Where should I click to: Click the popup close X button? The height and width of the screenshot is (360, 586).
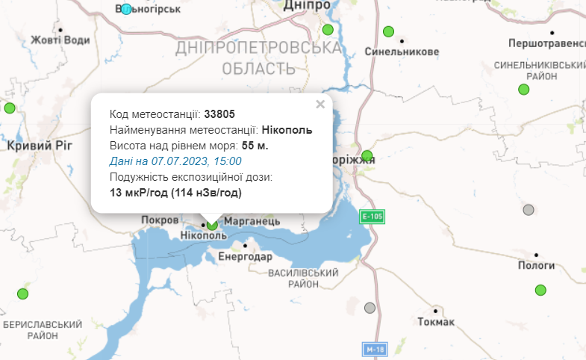click(x=320, y=105)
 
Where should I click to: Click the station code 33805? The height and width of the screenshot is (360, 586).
click(x=219, y=114)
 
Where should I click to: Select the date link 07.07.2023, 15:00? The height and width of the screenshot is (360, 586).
click(x=175, y=161)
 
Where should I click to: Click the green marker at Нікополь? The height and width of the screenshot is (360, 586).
click(x=212, y=224)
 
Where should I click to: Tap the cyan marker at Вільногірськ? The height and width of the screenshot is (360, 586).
click(x=126, y=9)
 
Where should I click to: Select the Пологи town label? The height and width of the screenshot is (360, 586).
click(x=535, y=265)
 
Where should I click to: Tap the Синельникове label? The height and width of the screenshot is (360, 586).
click(x=402, y=52)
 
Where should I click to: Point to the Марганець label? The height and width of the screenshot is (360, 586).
click(x=252, y=221)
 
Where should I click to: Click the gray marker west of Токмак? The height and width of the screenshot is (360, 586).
click(x=370, y=308)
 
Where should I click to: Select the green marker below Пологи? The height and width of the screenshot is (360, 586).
click(x=540, y=290)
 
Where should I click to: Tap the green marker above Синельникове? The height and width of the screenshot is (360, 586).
click(x=388, y=31)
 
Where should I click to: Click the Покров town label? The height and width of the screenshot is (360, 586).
click(x=160, y=220)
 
